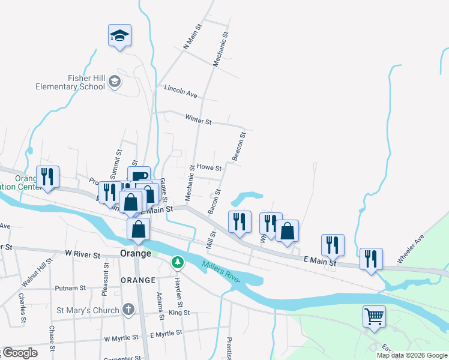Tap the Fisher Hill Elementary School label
point(70,82)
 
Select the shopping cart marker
point(374,316)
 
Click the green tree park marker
point(178,262)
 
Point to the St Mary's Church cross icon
point(128,310)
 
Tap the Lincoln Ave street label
point(181,94)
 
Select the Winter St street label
point(198,121)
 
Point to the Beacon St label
point(240,147)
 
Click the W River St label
point(79,254)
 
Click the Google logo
point(19,353)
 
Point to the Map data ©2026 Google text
point(411,355)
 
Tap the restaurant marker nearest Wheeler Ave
point(370,259)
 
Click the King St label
point(179,313)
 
